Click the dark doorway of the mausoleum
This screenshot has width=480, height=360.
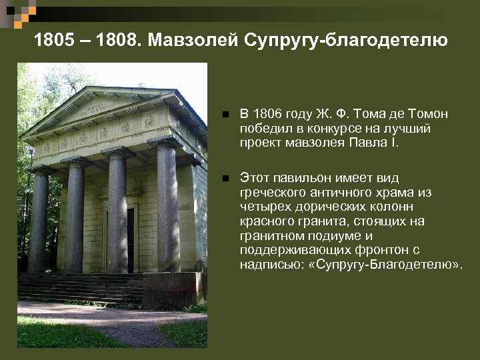[x=128, y=240]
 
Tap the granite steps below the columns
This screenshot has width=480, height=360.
[x=80, y=288]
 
